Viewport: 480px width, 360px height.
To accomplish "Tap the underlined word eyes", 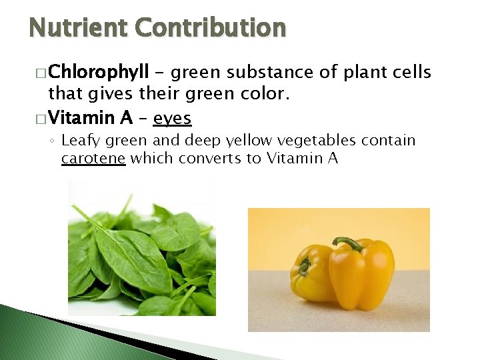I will pyautogui.click(x=172, y=118).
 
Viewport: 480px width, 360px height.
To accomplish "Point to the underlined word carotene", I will pyautogui.click(x=93, y=158).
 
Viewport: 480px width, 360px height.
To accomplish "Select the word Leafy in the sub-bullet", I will pyautogui.click(x=79, y=141).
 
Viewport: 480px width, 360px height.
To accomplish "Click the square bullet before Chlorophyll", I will pyautogui.click(x=41, y=71).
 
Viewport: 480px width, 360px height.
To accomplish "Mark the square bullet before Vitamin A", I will pyautogui.click(x=41, y=119).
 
